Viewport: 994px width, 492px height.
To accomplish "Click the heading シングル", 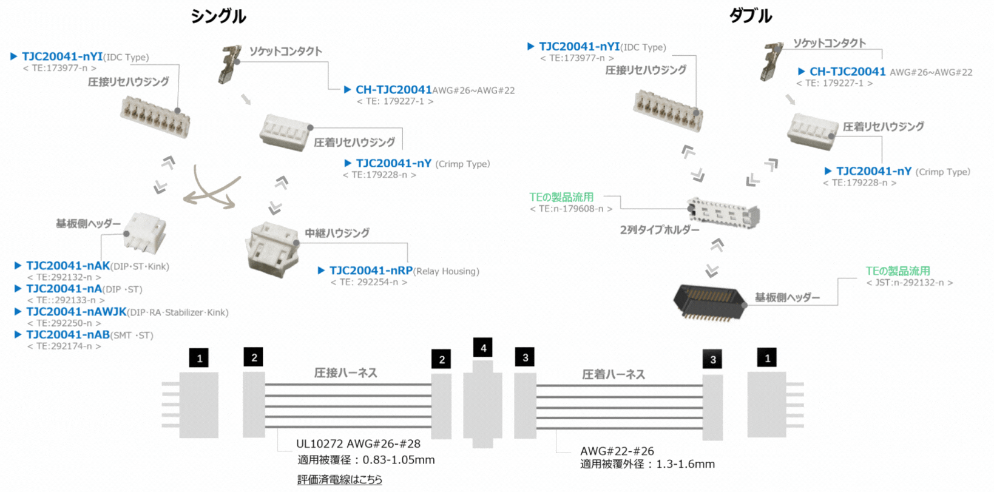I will [x=218, y=16].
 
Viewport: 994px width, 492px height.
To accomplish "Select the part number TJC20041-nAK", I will [x=67, y=266].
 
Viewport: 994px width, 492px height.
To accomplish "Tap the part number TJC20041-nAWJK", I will [x=76, y=312].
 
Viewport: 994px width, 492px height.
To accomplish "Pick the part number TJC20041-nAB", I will [x=67, y=335].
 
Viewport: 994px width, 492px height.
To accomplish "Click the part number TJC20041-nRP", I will [x=371, y=271].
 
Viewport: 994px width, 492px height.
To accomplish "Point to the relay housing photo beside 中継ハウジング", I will [x=272, y=249].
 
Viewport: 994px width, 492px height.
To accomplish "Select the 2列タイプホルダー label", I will [x=659, y=230].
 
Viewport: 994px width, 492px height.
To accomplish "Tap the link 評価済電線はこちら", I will [x=340, y=480].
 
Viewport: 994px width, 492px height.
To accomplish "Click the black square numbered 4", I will [x=483, y=348].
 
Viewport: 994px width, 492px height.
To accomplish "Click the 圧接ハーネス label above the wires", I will [x=345, y=373].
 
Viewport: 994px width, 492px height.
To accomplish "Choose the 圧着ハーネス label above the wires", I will [x=613, y=374].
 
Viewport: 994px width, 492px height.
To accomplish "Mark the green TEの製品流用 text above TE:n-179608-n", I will [x=561, y=197].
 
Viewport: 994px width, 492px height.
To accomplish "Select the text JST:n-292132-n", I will [x=909, y=283].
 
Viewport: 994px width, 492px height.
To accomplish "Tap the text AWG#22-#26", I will [x=617, y=451].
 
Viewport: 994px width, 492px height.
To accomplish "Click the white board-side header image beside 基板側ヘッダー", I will [x=146, y=232].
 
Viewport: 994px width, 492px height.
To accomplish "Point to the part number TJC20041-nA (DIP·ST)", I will [x=64, y=289].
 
